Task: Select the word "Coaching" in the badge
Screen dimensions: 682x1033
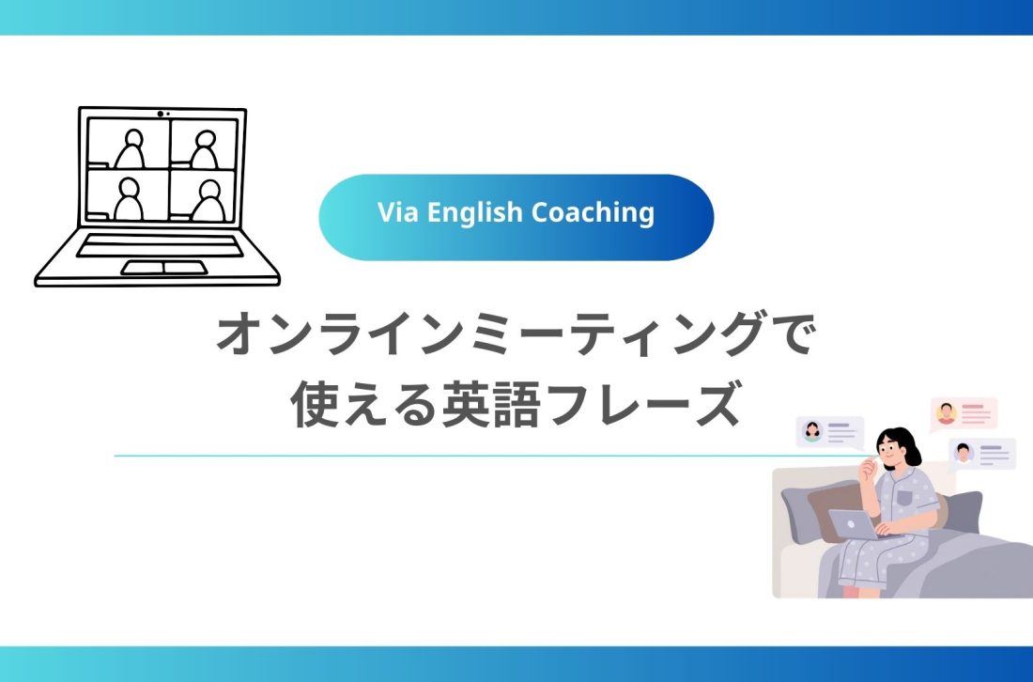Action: [593, 213]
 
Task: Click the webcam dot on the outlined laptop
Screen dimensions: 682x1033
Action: [161, 114]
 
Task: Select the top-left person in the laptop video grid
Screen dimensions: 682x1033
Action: [130, 147]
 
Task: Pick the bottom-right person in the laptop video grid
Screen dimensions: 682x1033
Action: [208, 198]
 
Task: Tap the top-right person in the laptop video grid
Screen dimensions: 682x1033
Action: [205, 147]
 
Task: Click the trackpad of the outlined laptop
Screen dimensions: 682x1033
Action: [163, 268]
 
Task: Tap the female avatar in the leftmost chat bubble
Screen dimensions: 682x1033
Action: [812, 431]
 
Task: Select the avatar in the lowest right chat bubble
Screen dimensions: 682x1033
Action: [964, 453]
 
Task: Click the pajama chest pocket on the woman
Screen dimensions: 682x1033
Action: [903, 497]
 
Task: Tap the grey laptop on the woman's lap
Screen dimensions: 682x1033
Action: [853, 525]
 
